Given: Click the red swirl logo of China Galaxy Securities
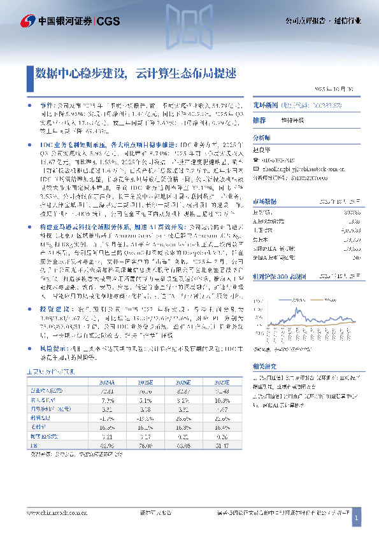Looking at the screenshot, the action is click(x=27, y=20).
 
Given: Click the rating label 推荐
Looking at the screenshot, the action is click(x=259, y=120).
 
